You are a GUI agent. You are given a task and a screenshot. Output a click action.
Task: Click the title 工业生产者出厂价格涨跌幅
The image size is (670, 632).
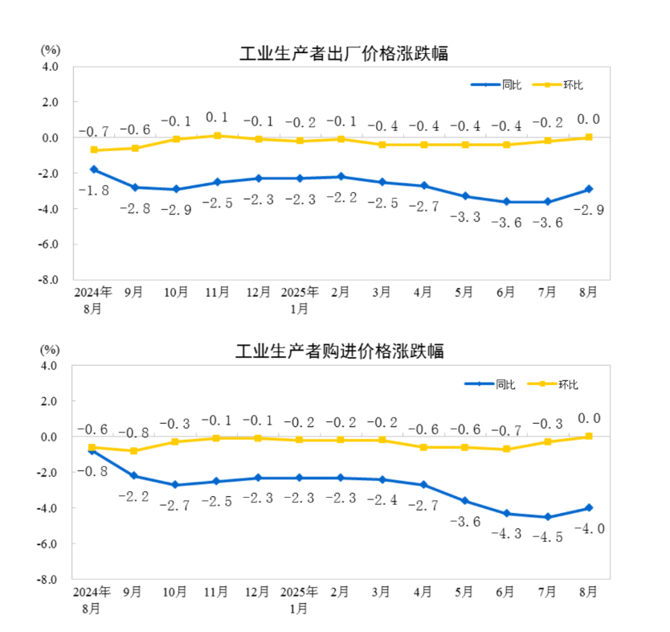click(343, 54)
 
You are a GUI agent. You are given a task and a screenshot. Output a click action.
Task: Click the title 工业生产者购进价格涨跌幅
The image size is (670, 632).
click(339, 351)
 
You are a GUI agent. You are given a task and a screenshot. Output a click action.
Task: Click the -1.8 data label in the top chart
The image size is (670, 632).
click(94, 191)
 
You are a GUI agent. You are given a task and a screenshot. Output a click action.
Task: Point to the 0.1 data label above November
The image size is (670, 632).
click(217, 117)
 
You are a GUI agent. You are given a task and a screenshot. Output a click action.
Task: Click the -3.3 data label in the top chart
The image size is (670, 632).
click(464, 217)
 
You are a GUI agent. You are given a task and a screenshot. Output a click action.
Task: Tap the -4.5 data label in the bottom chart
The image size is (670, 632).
click(547, 537)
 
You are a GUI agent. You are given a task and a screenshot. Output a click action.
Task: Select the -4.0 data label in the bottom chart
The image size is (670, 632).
click(589, 528)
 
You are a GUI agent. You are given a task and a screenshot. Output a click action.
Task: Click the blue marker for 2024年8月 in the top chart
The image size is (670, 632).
click(94, 170)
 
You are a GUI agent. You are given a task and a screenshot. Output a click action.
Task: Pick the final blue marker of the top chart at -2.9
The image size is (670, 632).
click(589, 189)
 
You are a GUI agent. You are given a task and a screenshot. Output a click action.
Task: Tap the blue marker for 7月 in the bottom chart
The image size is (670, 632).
click(547, 517)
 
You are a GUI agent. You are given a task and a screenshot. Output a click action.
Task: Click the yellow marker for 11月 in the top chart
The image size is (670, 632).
click(217, 136)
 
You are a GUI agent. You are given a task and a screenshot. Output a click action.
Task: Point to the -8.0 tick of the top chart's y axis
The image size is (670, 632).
click(50, 280)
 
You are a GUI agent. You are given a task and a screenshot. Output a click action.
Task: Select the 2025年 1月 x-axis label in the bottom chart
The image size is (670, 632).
click(300, 600)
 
